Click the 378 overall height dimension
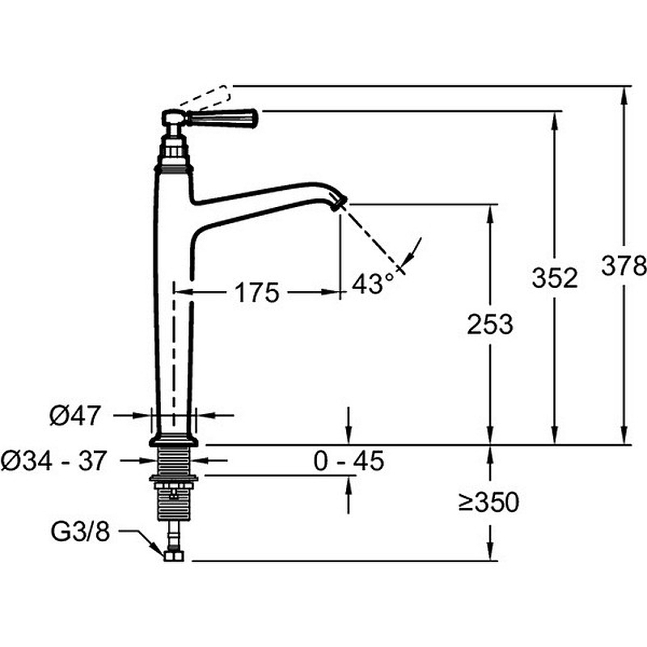click(x=624, y=265)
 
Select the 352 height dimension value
click(x=555, y=277)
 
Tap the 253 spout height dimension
click(x=490, y=324)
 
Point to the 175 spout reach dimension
click(x=256, y=293)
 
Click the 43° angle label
click(x=373, y=284)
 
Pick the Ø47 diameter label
click(x=75, y=415)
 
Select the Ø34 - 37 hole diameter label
click(x=54, y=460)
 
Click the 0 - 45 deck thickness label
click(x=349, y=461)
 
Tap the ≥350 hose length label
click(x=488, y=502)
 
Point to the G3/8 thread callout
click(x=80, y=531)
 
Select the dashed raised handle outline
click(x=205, y=97)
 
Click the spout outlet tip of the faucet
click(x=340, y=203)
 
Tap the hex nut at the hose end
click(x=173, y=555)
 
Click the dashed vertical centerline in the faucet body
click(x=174, y=355)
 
